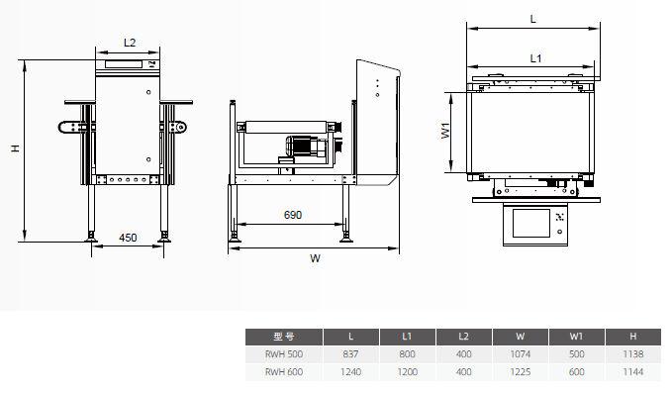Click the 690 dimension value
tap(293, 215)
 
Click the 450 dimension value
tap(128, 238)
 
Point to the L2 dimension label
tap(130, 43)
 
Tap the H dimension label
tap(16, 148)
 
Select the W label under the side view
tap(315, 258)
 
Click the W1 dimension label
tap(445, 131)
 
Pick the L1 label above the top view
tap(535, 58)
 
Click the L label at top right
tap(532, 19)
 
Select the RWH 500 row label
tap(284, 354)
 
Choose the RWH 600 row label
tap(284, 372)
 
